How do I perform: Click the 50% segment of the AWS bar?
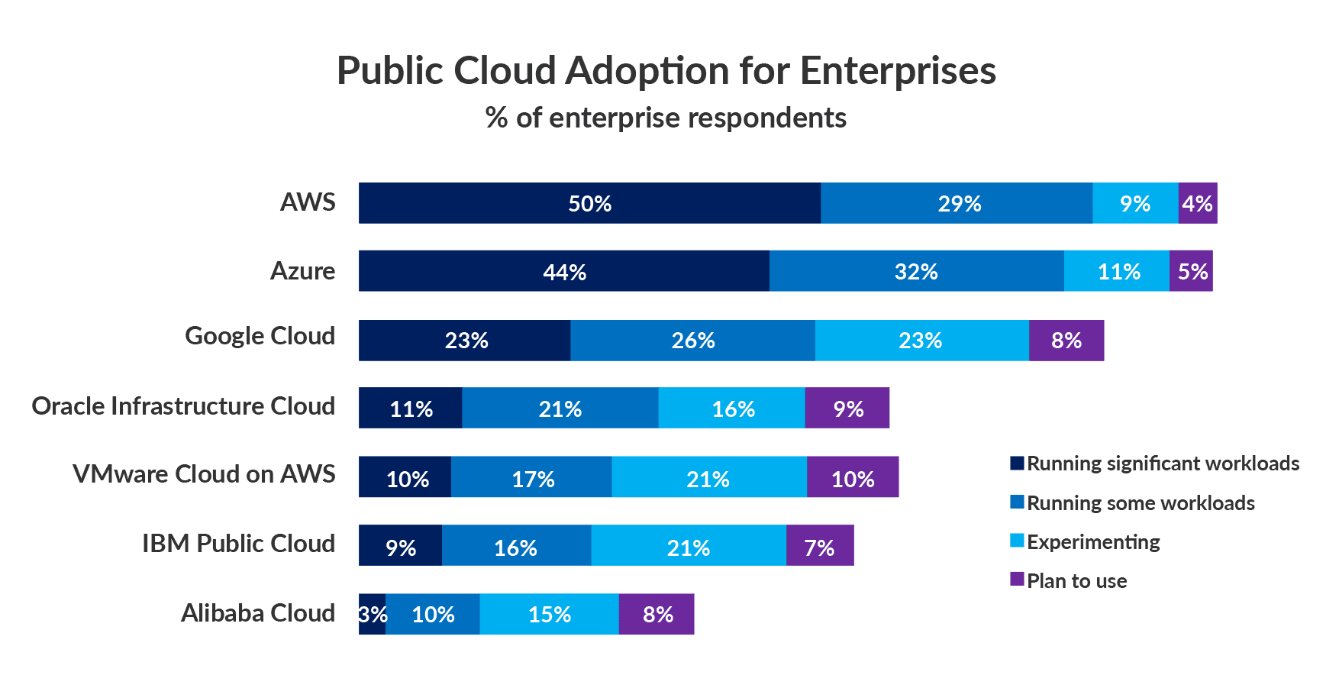coord(589,203)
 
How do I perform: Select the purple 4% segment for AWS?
coord(1197,203)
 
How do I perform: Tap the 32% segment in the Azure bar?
coord(916,271)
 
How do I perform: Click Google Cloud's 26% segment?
coord(692,340)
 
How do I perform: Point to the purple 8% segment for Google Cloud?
coord(1066,340)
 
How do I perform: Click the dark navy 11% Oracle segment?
coord(411,408)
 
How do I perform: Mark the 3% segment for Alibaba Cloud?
coord(372,614)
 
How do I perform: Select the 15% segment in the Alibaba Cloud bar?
coord(549,614)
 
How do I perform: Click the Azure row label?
coord(302,271)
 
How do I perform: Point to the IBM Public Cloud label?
coord(238,544)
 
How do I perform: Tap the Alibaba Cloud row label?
coord(257,613)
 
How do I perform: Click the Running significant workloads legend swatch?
coord(1017,463)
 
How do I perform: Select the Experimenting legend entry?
coord(1092,542)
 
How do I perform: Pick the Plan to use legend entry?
coord(1076,581)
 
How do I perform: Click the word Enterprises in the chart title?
coord(898,71)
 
